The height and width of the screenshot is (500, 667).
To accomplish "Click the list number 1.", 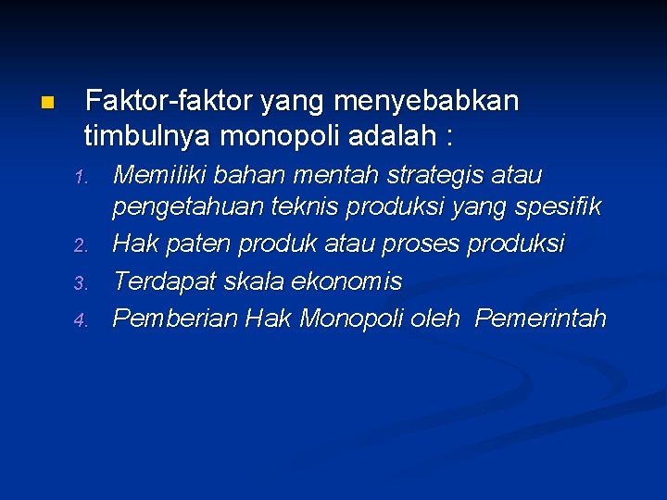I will tap(81, 177).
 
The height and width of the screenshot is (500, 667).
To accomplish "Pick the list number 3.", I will tap(81, 282).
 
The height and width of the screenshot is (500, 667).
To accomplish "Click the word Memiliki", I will tap(152, 174).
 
